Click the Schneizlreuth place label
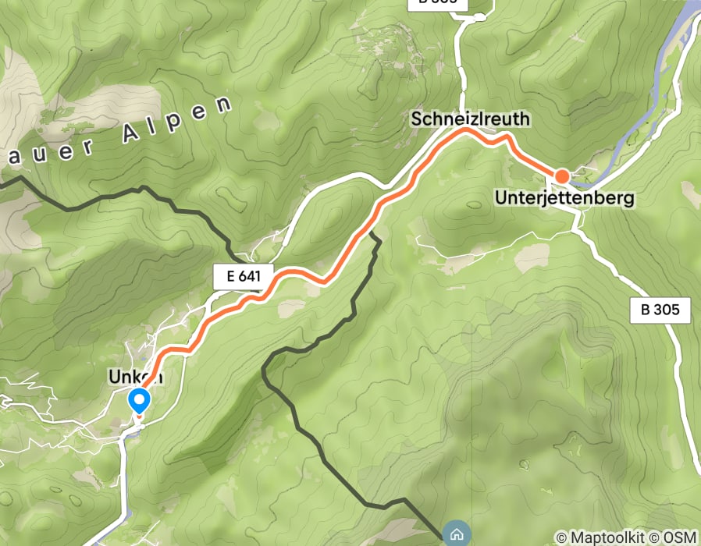pyautogui.click(x=471, y=119)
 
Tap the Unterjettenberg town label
pyautogui.click(x=564, y=200)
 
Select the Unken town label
pyautogui.click(x=137, y=377)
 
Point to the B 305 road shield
pyautogui.click(x=660, y=310)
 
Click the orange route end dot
pyautogui.click(x=561, y=176)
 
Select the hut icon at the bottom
pyautogui.click(x=455, y=534)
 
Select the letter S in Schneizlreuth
pyautogui.click(x=418, y=119)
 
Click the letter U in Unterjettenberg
pyautogui.click(x=501, y=200)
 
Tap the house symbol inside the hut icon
pyautogui.click(x=455, y=534)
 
